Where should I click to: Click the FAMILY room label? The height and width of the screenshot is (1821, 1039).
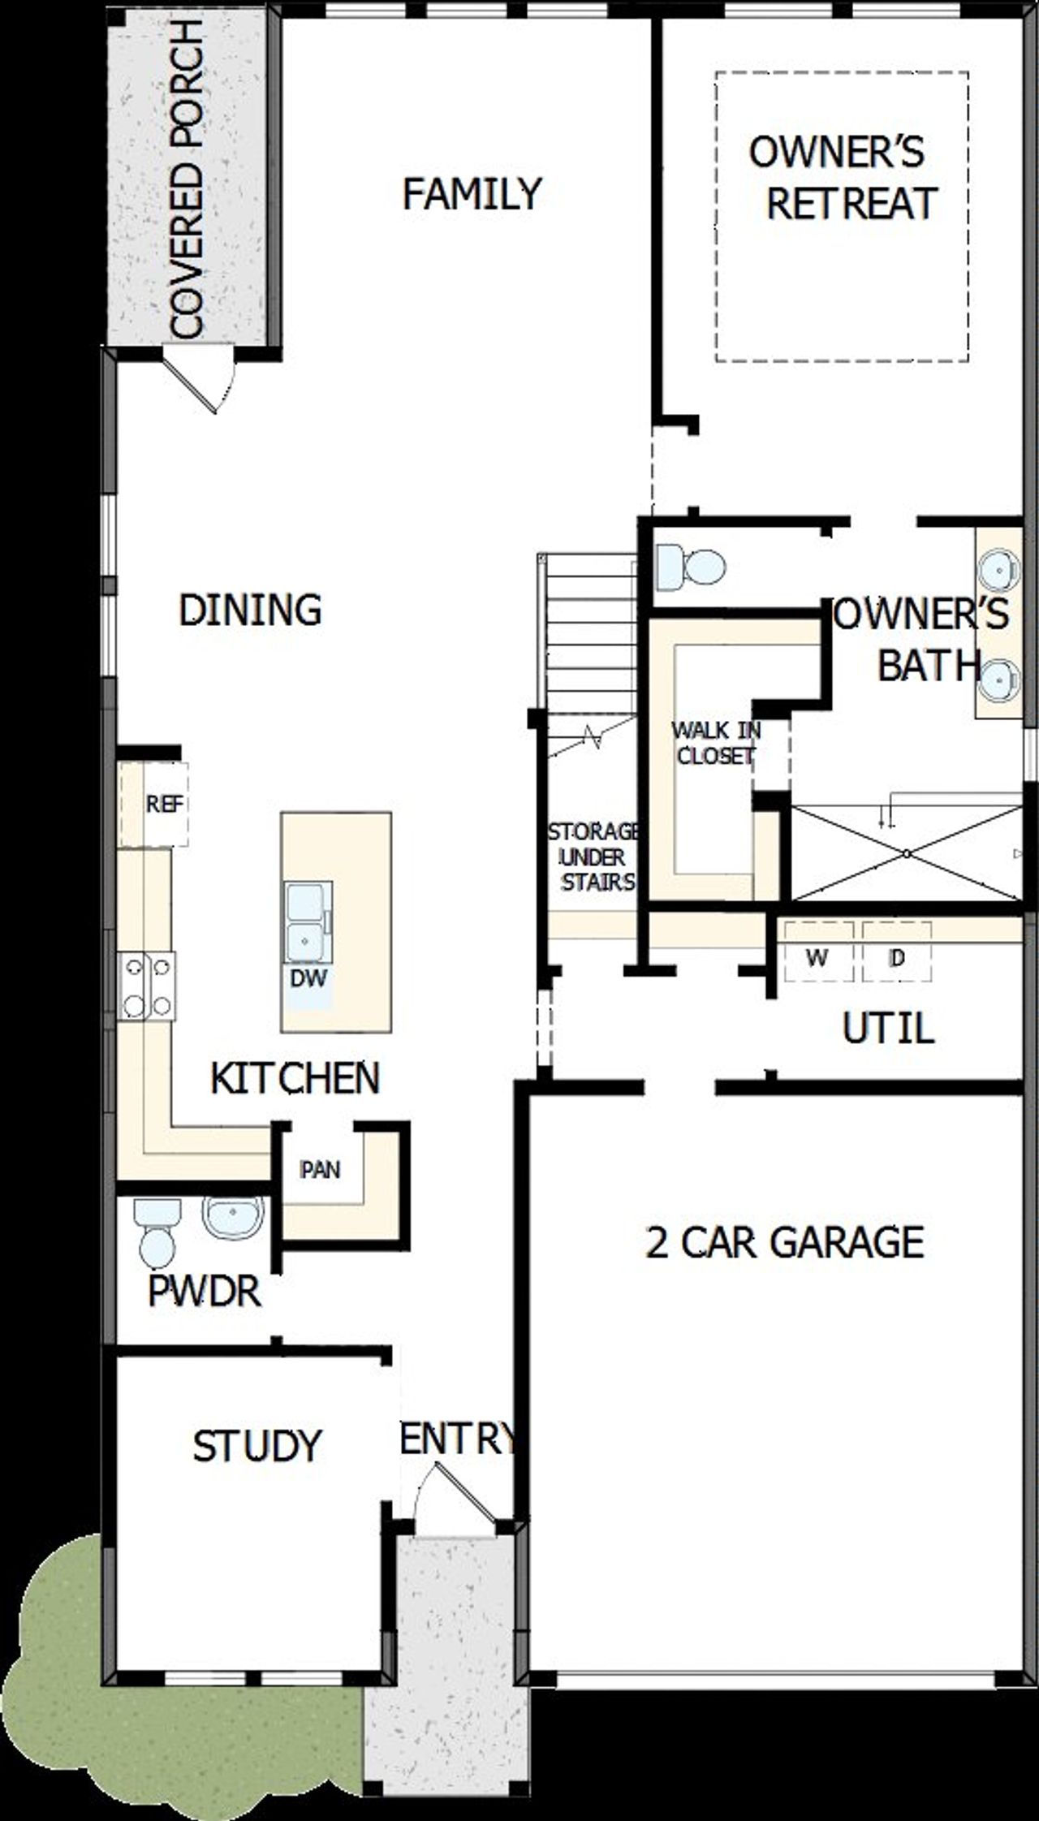click(x=472, y=194)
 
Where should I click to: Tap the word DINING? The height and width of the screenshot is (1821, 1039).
click(x=250, y=610)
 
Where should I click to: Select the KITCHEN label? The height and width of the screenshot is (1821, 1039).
click(x=295, y=1078)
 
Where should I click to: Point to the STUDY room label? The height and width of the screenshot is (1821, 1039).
click(x=257, y=1446)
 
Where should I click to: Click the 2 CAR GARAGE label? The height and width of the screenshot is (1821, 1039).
click(x=784, y=1242)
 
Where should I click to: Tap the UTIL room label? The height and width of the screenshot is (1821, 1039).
click(x=888, y=1029)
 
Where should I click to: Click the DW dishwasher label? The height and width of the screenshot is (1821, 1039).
click(x=308, y=978)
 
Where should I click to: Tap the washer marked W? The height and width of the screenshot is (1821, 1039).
click(x=817, y=959)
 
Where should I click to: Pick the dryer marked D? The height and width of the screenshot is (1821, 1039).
click(x=896, y=959)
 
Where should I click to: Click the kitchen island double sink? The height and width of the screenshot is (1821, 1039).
click(x=307, y=922)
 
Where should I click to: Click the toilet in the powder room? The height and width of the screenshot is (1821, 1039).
click(x=157, y=1232)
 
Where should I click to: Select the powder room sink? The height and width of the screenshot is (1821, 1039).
click(x=233, y=1215)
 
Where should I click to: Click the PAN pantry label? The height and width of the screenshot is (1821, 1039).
click(x=320, y=1170)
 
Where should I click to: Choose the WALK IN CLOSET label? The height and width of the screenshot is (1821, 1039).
click(x=715, y=743)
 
